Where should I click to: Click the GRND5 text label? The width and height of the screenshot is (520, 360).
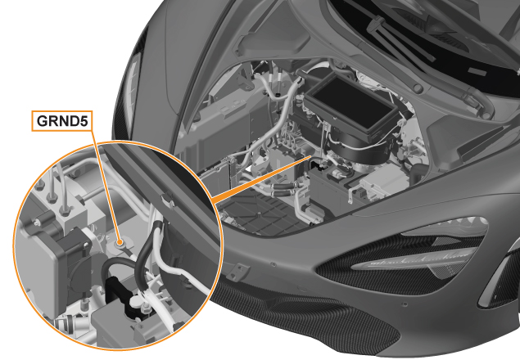tap(62, 121)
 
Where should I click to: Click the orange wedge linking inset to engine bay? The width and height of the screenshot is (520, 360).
tap(262, 178)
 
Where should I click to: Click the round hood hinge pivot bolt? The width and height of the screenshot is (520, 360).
tap(418, 88)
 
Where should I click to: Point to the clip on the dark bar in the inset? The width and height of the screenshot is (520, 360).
tap(168, 201)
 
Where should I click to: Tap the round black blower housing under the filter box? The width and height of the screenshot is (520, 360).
tap(360, 146)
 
